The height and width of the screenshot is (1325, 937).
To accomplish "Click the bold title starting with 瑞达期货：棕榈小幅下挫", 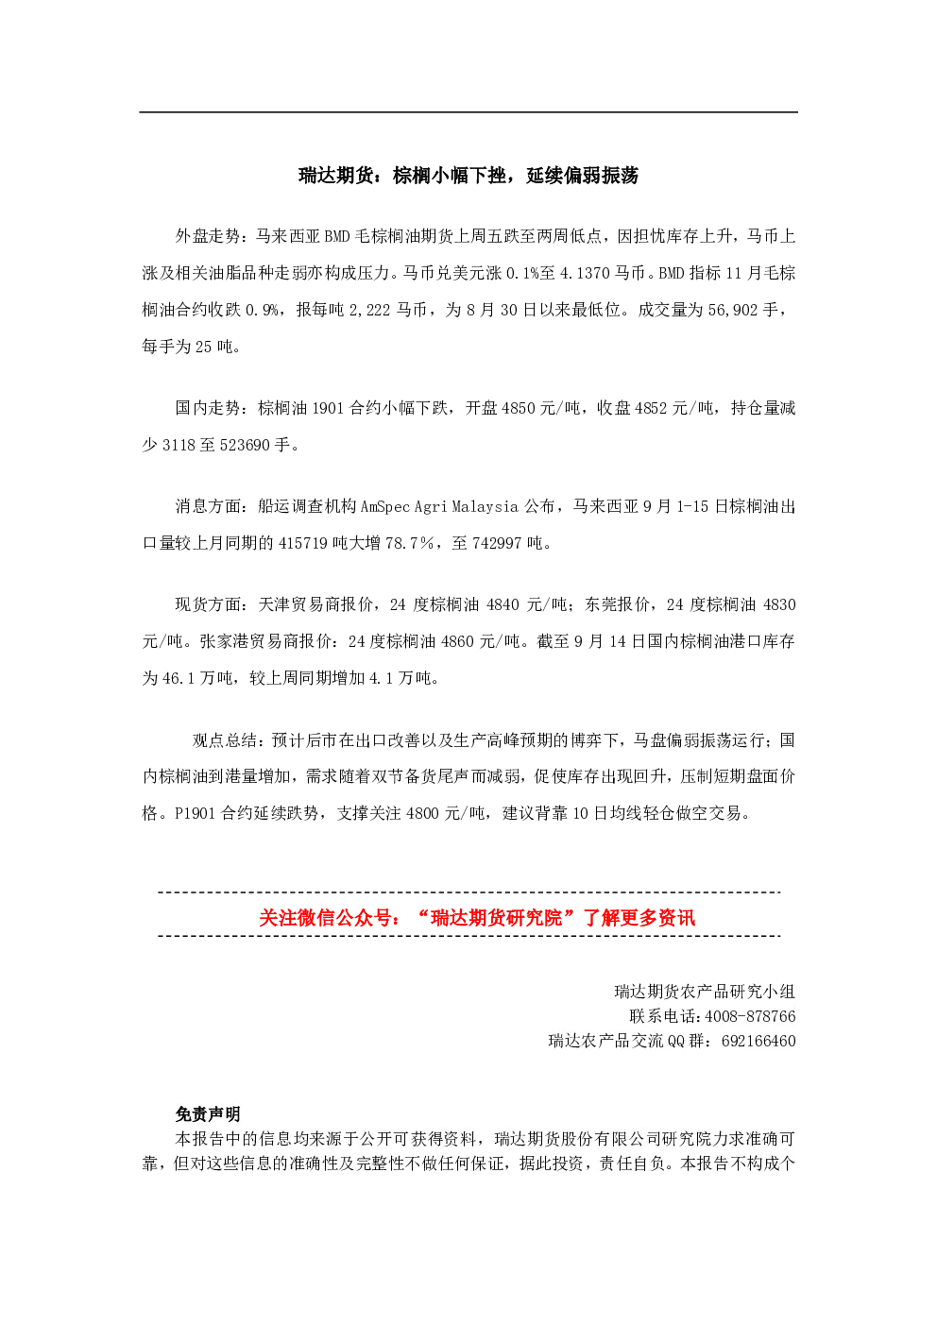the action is [x=468, y=176].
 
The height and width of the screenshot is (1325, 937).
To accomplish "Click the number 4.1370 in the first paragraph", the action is [x=585, y=273].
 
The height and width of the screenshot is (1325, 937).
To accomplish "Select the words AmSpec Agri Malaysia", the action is [x=439, y=507].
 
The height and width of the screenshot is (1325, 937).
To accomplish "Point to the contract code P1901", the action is [x=196, y=813].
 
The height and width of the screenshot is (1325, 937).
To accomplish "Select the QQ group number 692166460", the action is [x=758, y=1041].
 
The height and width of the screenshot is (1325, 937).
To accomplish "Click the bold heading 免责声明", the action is [x=208, y=1114].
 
